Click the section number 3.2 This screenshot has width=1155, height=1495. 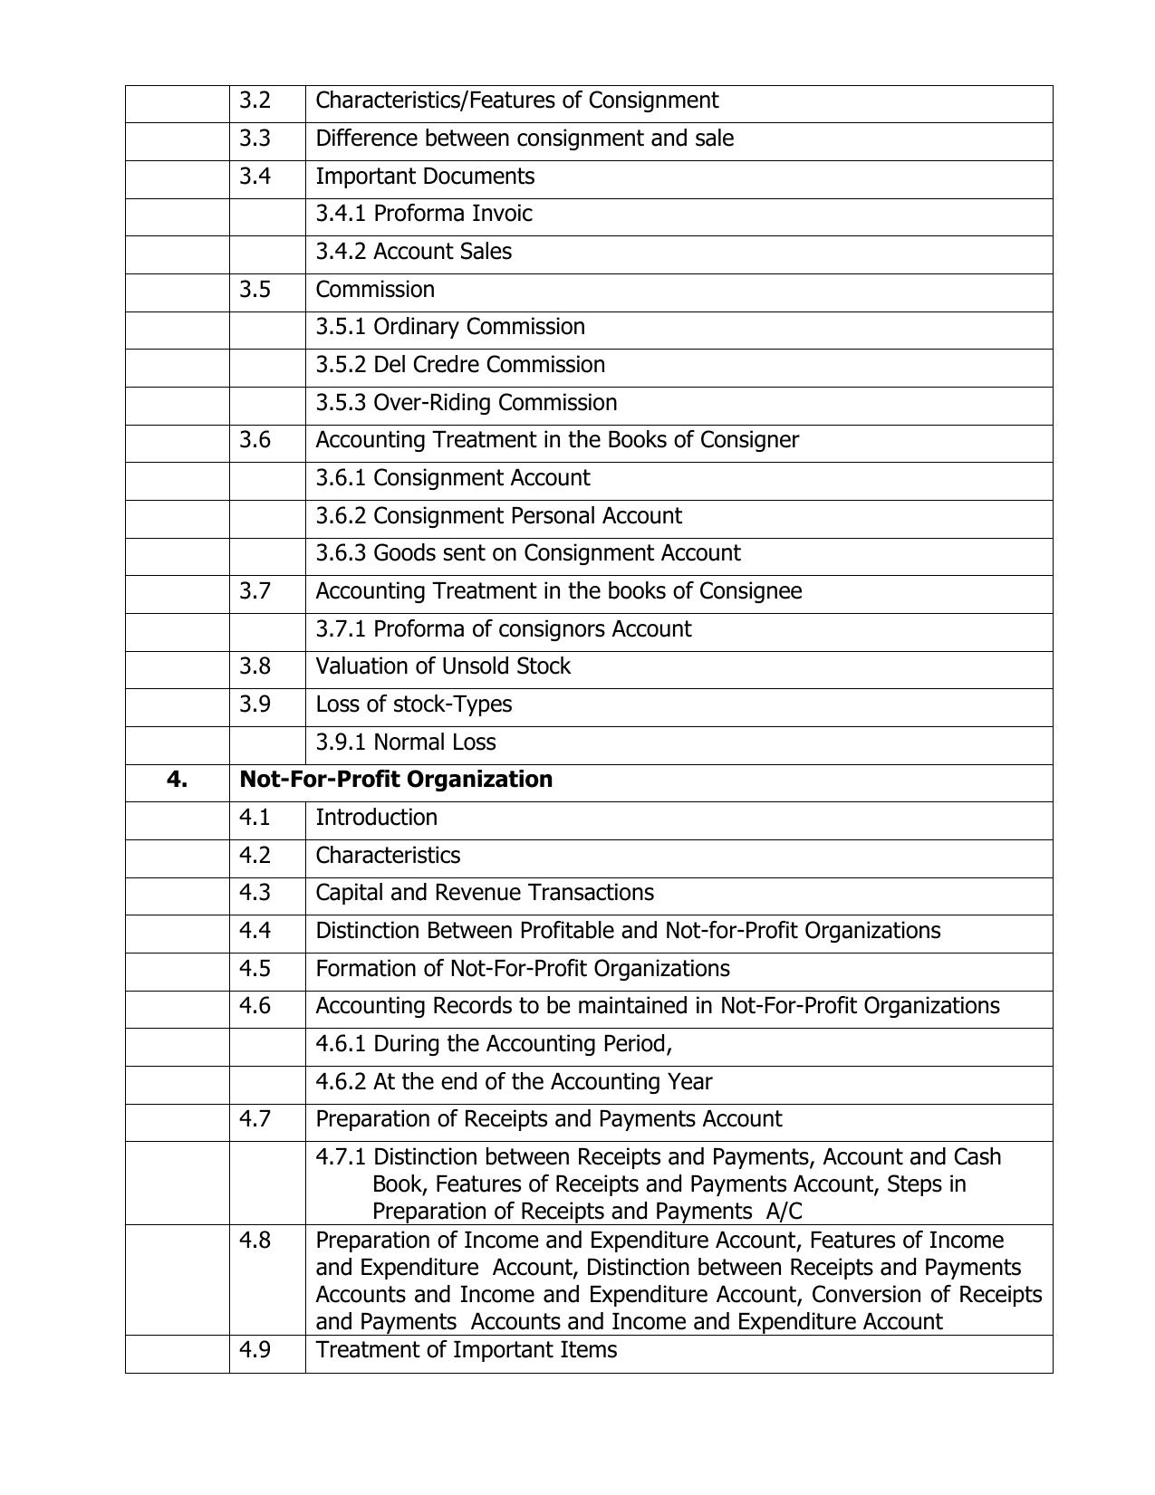(x=255, y=101)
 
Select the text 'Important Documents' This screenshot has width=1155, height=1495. (x=424, y=177)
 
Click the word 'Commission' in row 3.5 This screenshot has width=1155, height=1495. (x=374, y=290)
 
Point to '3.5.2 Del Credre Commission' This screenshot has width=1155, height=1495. (x=459, y=365)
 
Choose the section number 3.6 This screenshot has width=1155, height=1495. (x=255, y=440)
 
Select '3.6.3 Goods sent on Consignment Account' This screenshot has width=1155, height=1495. (x=527, y=553)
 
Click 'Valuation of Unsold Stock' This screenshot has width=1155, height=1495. (x=442, y=666)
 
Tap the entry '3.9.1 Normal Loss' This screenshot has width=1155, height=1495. (x=405, y=743)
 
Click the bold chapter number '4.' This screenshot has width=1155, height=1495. (x=177, y=780)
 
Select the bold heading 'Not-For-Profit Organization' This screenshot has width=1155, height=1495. (x=395, y=780)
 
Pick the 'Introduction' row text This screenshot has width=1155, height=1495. (x=376, y=818)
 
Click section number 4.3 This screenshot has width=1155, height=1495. (x=255, y=893)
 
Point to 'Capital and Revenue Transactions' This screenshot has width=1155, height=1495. (x=484, y=893)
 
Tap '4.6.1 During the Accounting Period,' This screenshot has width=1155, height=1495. (x=493, y=1044)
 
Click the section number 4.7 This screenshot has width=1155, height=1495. (x=255, y=1119)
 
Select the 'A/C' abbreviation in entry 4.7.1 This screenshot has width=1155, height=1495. (x=784, y=1212)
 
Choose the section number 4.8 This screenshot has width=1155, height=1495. (x=255, y=1241)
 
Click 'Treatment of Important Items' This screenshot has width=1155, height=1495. (x=466, y=1350)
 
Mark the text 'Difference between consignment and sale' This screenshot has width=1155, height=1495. (x=524, y=139)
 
